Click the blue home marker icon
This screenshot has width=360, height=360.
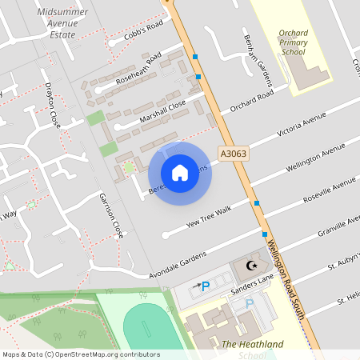180,173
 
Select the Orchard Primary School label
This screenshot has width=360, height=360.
294,42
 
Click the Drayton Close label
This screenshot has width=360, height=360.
54,109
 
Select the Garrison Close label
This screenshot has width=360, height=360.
110,215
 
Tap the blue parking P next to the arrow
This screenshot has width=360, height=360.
206,286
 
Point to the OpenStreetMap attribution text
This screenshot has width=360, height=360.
81,354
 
